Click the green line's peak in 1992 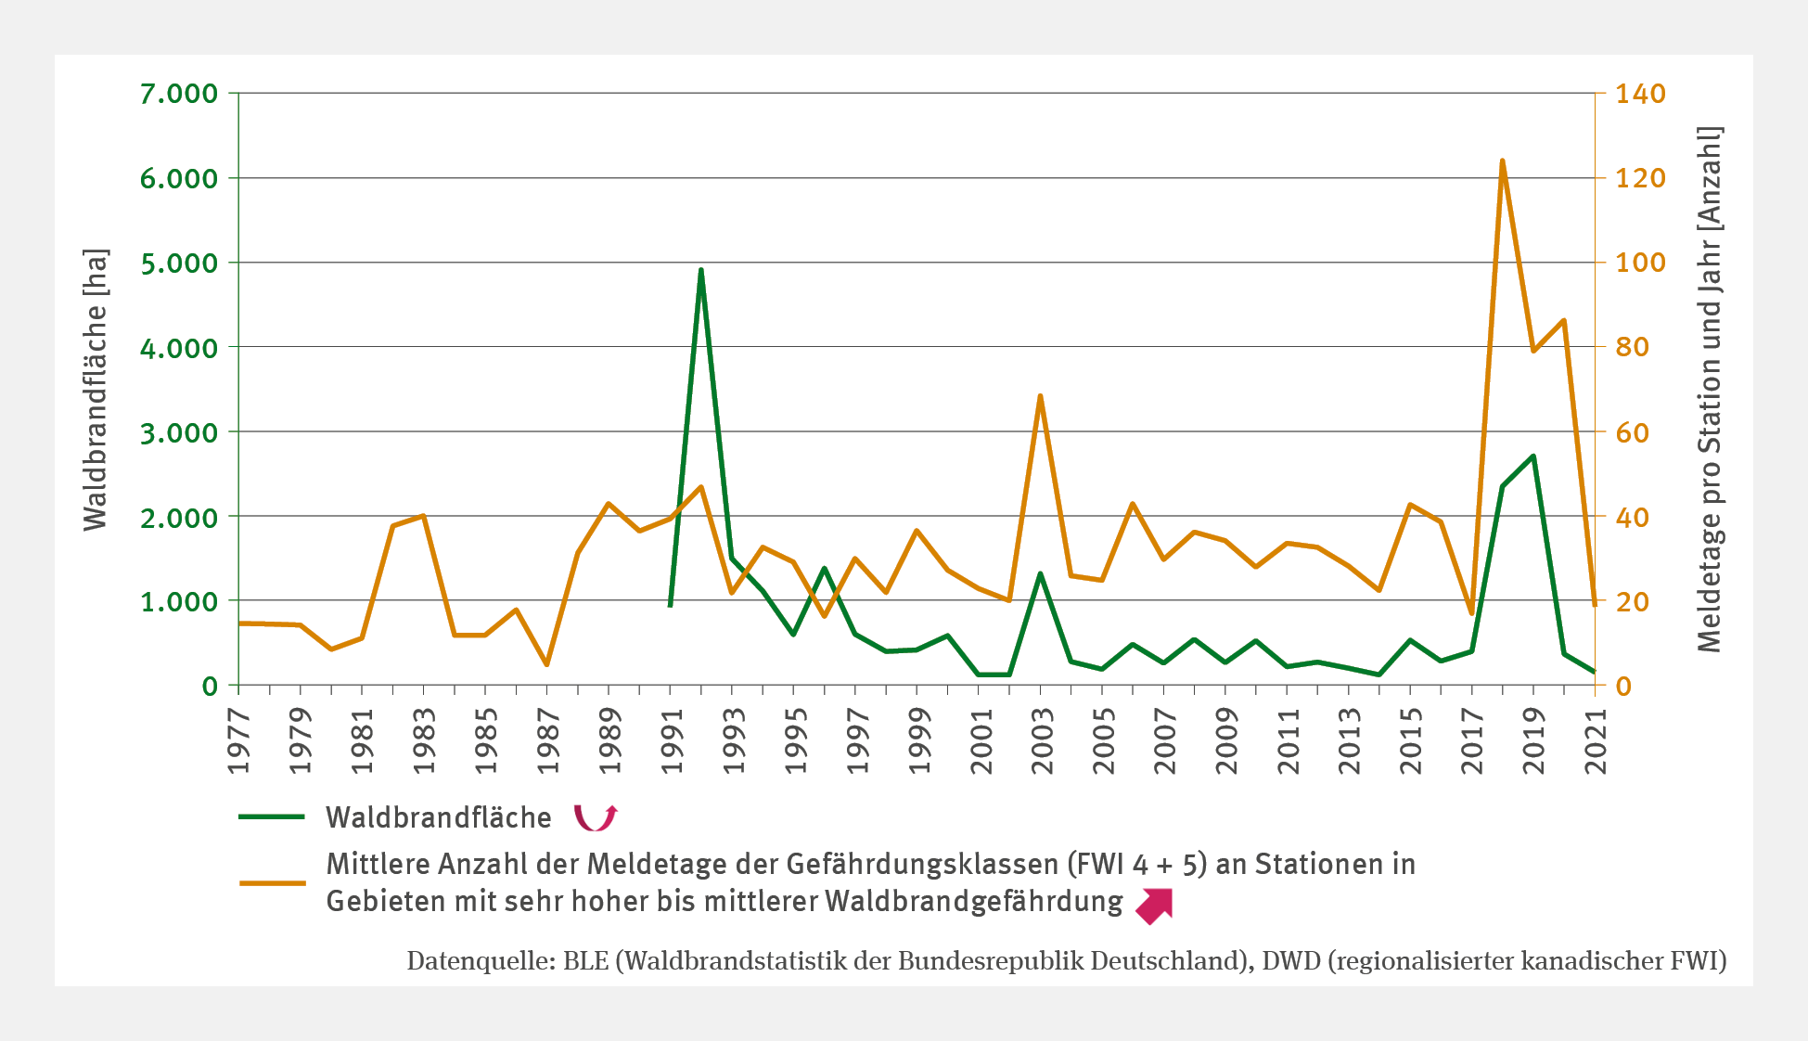pos(701,270)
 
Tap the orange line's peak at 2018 pos(1502,161)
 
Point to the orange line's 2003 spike pos(1040,396)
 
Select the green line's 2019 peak pos(1533,456)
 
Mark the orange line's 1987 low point pos(546,664)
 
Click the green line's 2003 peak pos(1040,573)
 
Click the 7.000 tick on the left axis pos(179,94)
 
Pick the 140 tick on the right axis pos(1640,94)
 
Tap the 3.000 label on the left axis pos(179,432)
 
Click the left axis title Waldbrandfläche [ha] pos(96,390)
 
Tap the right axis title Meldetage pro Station pos(1709,390)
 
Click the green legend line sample pos(272,816)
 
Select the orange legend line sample pos(272,882)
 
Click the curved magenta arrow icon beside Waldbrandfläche pos(595,817)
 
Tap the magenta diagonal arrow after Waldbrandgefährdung pos(1155,906)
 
